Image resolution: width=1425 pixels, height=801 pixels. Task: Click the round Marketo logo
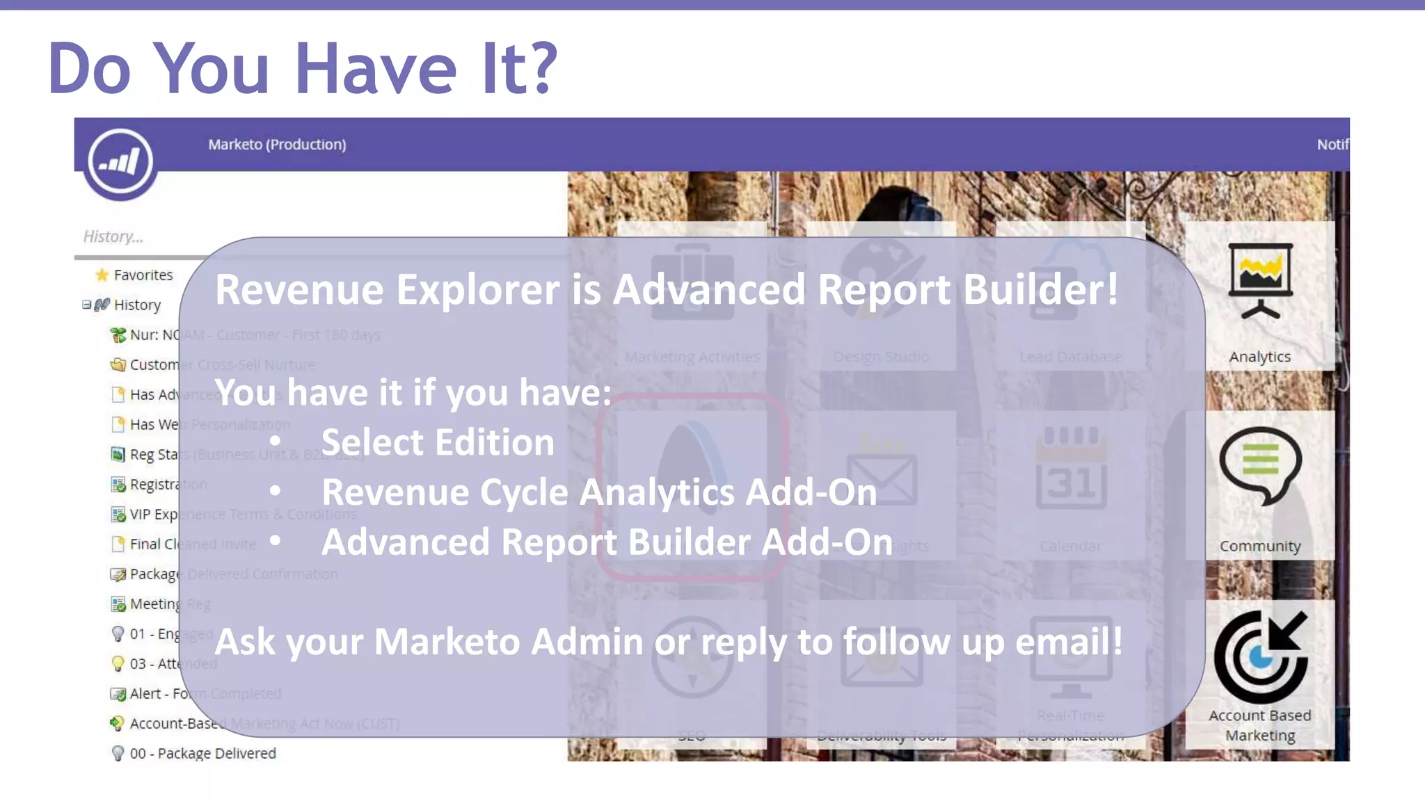(120, 163)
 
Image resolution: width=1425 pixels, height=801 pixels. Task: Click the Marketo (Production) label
(277, 145)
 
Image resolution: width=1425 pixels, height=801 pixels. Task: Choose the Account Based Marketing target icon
(1260, 656)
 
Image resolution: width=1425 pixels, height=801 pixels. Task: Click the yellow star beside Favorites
(102, 275)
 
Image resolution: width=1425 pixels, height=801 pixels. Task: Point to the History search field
(139, 237)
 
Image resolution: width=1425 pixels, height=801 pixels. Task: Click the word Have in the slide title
(375, 69)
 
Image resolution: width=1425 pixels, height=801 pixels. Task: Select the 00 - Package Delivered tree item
(202, 754)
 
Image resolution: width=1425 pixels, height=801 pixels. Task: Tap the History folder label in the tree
(137, 305)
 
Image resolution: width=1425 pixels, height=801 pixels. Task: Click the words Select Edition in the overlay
(438, 442)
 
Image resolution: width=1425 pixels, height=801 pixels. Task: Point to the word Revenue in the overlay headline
(299, 289)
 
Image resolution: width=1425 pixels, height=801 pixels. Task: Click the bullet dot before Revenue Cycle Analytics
(276, 492)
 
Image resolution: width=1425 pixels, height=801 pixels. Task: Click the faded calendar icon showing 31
(1071, 467)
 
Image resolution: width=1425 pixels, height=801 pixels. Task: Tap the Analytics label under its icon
(1260, 357)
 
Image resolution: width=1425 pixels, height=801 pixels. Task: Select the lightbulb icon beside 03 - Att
(118, 663)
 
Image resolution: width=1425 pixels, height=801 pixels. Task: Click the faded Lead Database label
(1071, 357)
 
